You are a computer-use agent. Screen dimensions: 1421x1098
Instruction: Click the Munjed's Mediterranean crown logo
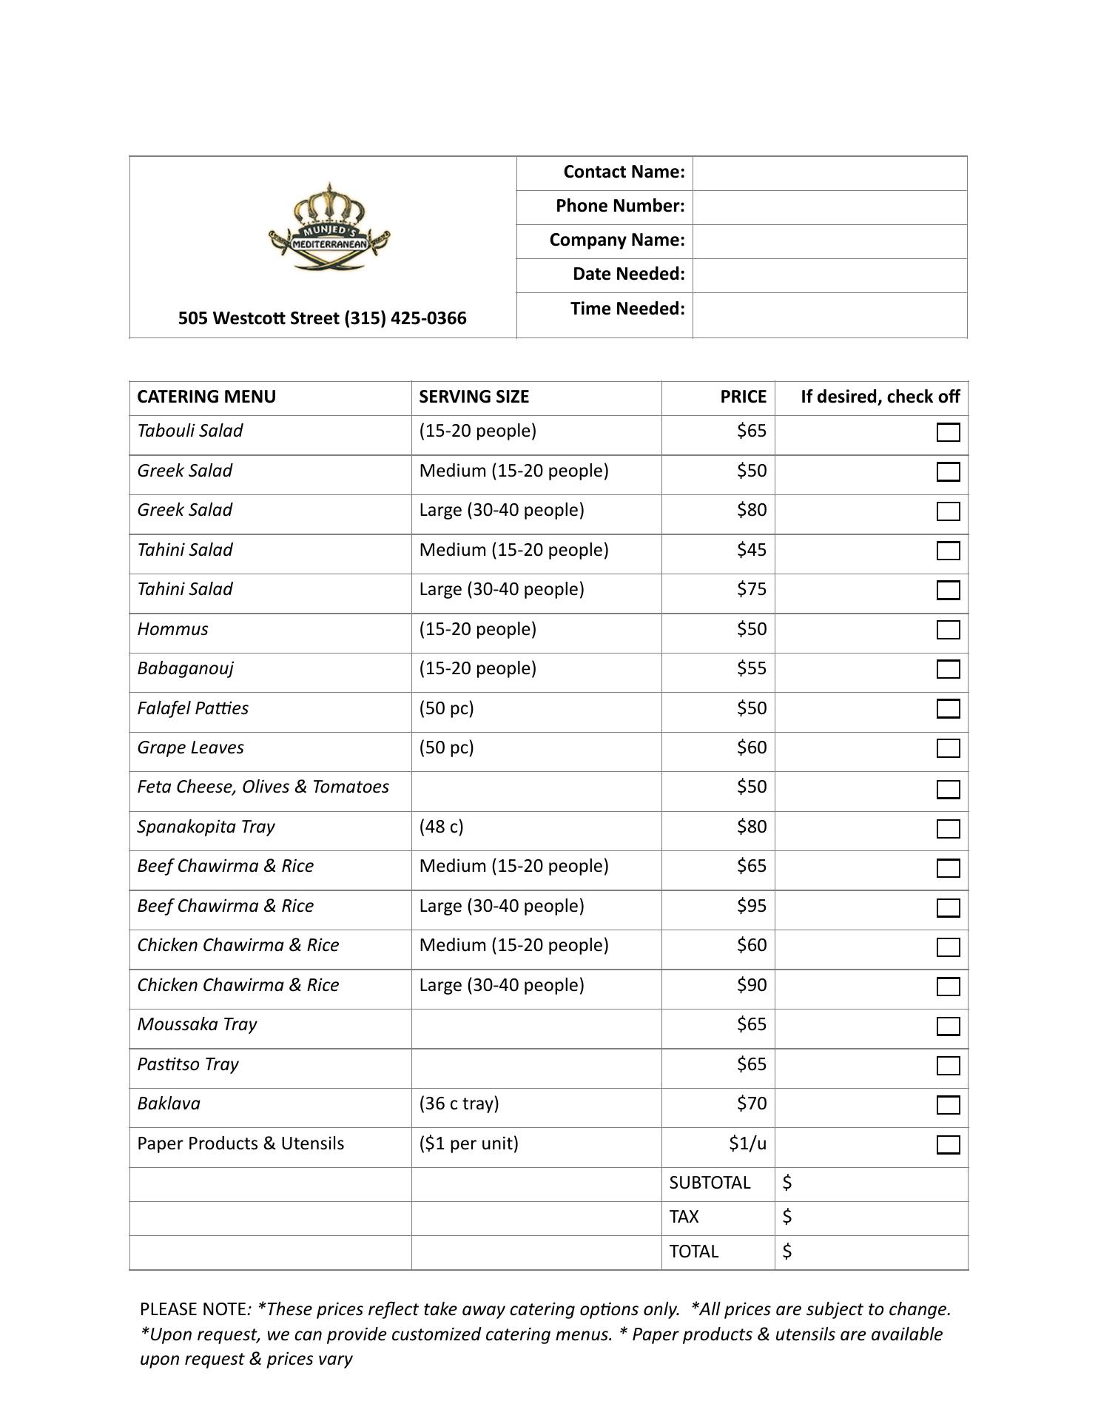[x=329, y=227]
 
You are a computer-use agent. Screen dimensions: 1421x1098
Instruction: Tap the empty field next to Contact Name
[x=829, y=173]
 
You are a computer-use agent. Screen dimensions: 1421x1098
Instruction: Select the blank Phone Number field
[x=829, y=207]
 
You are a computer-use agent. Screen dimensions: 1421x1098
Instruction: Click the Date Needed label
[x=628, y=274]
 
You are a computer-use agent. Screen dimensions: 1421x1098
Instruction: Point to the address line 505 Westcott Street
[x=322, y=318]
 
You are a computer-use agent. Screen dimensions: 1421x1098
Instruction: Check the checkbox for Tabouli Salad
[x=948, y=432]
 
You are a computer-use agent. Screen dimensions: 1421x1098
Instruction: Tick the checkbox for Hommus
[x=948, y=630]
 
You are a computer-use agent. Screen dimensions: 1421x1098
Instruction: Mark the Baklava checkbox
[x=948, y=1105]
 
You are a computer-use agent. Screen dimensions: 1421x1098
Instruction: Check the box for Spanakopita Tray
[x=948, y=828]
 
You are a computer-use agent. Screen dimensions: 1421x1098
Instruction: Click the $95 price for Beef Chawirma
[x=751, y=906]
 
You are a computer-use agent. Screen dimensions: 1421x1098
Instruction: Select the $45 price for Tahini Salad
[x=751, y=550]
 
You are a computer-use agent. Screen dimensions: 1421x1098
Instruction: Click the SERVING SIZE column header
[x=474, y=397]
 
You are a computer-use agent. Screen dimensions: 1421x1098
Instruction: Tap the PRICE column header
[x=743, y=397]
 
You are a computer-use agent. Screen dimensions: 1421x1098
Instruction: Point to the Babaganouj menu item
[x=185, y=668]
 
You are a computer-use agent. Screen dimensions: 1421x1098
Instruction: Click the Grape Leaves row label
[x=190, y=748]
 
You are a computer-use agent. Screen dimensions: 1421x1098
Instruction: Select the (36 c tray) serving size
[x=459, y=1103]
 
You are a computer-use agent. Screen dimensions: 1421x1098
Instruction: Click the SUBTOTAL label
[x=710, y=1183]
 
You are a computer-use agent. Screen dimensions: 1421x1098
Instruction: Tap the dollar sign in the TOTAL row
[x=787, y=1251]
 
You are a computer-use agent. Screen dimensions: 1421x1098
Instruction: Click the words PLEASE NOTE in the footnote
[x=193, y=1309]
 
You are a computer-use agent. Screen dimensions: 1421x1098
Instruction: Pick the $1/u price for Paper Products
[x=747, y=1143]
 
